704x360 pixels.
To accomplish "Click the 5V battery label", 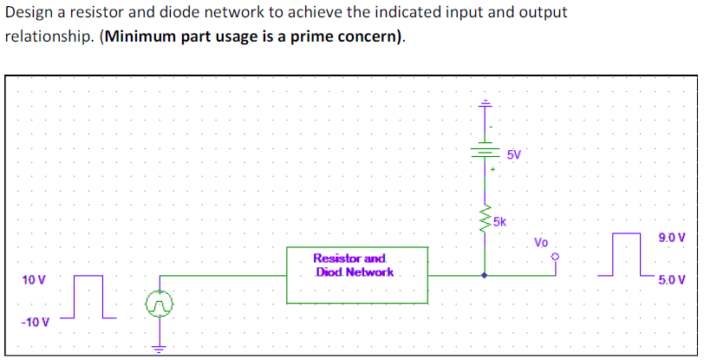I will tap(514, 154).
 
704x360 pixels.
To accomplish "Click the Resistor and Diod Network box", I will tap(356, 274).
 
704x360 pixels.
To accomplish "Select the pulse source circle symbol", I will tap(159, 303).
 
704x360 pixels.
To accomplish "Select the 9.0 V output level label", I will tap(672, 237).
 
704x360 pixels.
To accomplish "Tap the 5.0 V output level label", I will tap(672, 280).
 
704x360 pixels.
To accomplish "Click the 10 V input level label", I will tap(35, 280).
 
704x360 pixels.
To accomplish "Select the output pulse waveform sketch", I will tap(628, 253).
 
